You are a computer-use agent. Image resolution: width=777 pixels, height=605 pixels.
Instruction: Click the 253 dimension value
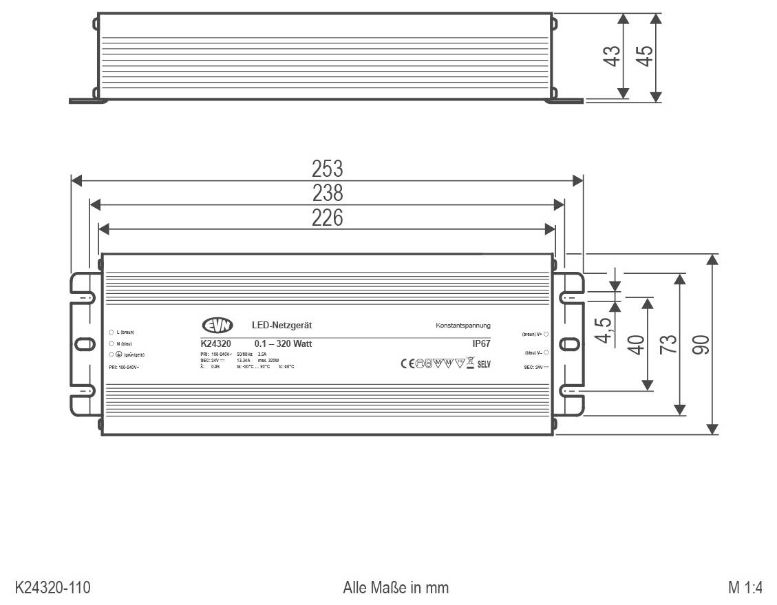coord(327,169)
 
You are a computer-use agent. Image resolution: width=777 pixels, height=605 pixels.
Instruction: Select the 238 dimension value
coord(327,193)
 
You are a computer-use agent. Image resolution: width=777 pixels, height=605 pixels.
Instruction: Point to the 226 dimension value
coord(327,217)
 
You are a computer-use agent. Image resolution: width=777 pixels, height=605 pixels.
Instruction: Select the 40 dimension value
coord(636,343)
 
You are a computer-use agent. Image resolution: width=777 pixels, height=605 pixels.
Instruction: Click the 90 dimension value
coord(701,343)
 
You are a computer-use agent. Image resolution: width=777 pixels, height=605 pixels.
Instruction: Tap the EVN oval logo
coord(217,326)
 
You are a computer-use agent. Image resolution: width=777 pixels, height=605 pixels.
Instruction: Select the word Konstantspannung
coord(462,325)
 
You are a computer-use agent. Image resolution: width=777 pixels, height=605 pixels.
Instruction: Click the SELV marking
coord(484,364)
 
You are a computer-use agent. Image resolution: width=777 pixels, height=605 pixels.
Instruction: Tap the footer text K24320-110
coord(53,588)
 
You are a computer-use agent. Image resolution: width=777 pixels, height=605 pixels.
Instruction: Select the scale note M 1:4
coord(745,588)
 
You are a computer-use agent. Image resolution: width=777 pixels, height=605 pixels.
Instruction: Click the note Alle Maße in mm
coord(396,588)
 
